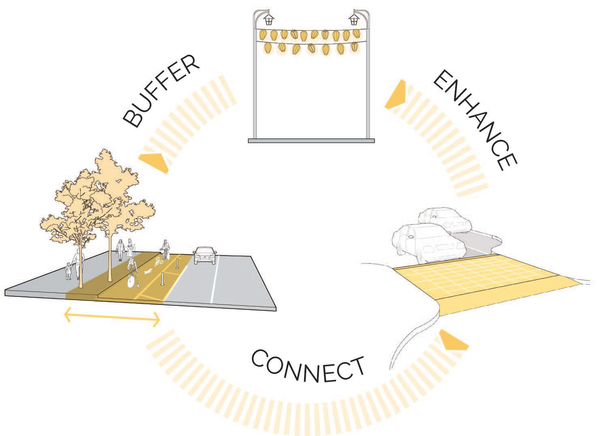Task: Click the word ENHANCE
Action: pyautogui.click(x=474, y=121)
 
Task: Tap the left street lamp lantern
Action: pyautogui.click(x=269, y=19)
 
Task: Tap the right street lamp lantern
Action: pyautogui.click(x=355, y=19)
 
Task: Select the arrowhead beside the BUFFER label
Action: pyautogui.click(x=154, y=161)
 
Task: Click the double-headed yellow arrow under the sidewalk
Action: pyautogui.click(x=113, y=318)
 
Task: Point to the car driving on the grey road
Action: pyautogui.click(x=205, y=256)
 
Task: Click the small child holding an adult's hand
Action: pyautogui.click(x=68, y=271)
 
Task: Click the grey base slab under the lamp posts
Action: pyautogui.click(x=311, y=140)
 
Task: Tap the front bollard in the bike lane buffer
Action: pyautogui.click(x=163, y=279)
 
